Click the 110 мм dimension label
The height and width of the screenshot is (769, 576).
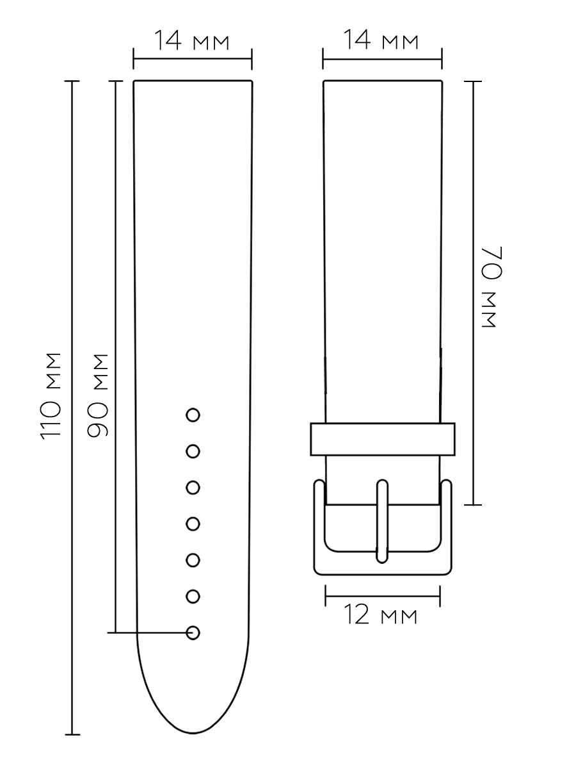coord(51,396)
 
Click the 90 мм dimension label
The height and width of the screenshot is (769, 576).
coord(98,395)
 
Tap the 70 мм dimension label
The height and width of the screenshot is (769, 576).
coord(492,287)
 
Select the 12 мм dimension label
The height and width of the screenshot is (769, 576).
coord(381,615)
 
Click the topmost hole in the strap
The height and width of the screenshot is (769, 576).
coord(193,415)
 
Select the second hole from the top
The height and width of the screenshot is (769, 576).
coord(193,451)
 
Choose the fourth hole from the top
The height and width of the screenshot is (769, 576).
coord(193,524)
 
